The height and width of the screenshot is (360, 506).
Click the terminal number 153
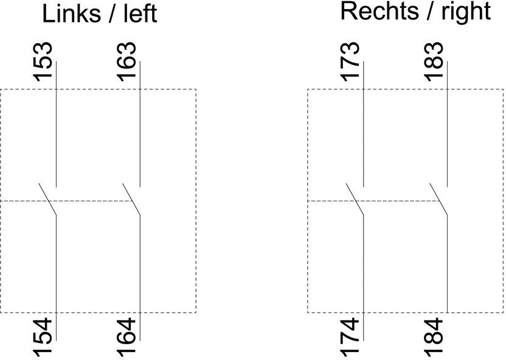click(x=43, y=61)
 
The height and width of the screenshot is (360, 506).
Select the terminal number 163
click(x=126, y=61)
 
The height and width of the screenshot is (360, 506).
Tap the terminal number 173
click(x=350, y=61)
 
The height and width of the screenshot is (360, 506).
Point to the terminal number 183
click(x=434, y=61)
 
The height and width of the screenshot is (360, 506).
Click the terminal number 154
click(x=43, y=337)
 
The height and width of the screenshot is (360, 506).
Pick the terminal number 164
click(x=126, y=337)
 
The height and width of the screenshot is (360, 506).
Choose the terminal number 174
click(x=350, y=337)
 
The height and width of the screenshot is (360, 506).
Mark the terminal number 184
click(x=434, y=337)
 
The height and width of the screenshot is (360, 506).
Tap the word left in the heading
click(x=140, y=13)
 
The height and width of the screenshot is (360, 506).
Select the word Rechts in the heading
click(x=379, y=12)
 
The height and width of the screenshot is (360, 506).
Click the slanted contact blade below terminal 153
click(x=48, y=199)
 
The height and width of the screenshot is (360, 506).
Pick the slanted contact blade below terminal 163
click(x=131, y=199)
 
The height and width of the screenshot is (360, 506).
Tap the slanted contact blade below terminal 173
click(x=355, y=199)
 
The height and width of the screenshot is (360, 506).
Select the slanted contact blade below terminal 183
click(x=438, y=199)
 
